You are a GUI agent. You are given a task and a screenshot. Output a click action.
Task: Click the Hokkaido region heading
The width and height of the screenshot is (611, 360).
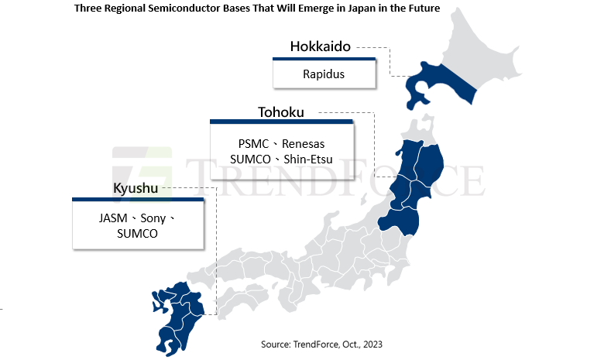[x=320, y=46]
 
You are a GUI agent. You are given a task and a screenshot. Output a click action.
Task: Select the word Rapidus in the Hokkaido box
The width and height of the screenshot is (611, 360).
[x=324, y=74]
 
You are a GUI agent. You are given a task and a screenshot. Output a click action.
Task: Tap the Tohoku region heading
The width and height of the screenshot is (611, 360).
[x=280, y=113]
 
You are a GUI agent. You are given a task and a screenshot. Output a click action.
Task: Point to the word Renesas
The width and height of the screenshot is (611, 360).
[x=304, y=144]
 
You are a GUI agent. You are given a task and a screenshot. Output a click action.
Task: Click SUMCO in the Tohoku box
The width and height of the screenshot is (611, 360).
[x=251, y=159]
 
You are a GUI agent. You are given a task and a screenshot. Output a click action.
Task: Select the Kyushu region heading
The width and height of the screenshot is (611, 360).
[x=136, y=189]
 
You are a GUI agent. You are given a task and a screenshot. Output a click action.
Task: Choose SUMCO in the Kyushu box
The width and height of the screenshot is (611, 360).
[x=137, y=233]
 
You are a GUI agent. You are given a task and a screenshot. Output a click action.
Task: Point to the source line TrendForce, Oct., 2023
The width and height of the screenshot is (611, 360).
[x=318, y=343]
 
